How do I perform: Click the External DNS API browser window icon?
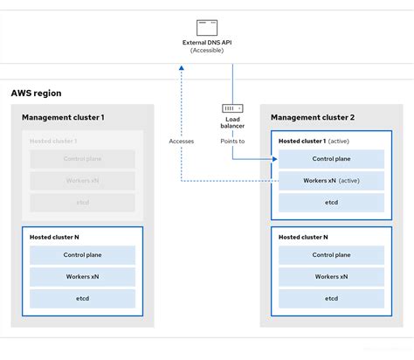point(207,27)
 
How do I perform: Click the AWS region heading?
point(36,93)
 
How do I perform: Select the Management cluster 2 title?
point(311,117)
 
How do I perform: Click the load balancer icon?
point(232,108)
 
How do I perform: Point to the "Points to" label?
point(232,140)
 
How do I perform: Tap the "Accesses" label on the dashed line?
point(182,140)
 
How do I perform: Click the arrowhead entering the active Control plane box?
point(273,159)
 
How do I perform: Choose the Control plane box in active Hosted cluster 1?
point(331,159)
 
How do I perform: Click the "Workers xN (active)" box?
point(331,180)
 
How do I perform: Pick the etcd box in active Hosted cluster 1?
point(331,201)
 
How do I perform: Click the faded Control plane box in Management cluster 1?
point(82,159)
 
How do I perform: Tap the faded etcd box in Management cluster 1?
point(82,202)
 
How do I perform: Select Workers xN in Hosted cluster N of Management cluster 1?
point(82,277)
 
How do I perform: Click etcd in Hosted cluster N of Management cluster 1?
point(82,298)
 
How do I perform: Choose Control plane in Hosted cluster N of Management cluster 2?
point(331,255)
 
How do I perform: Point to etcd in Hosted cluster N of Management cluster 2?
point(331,298)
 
